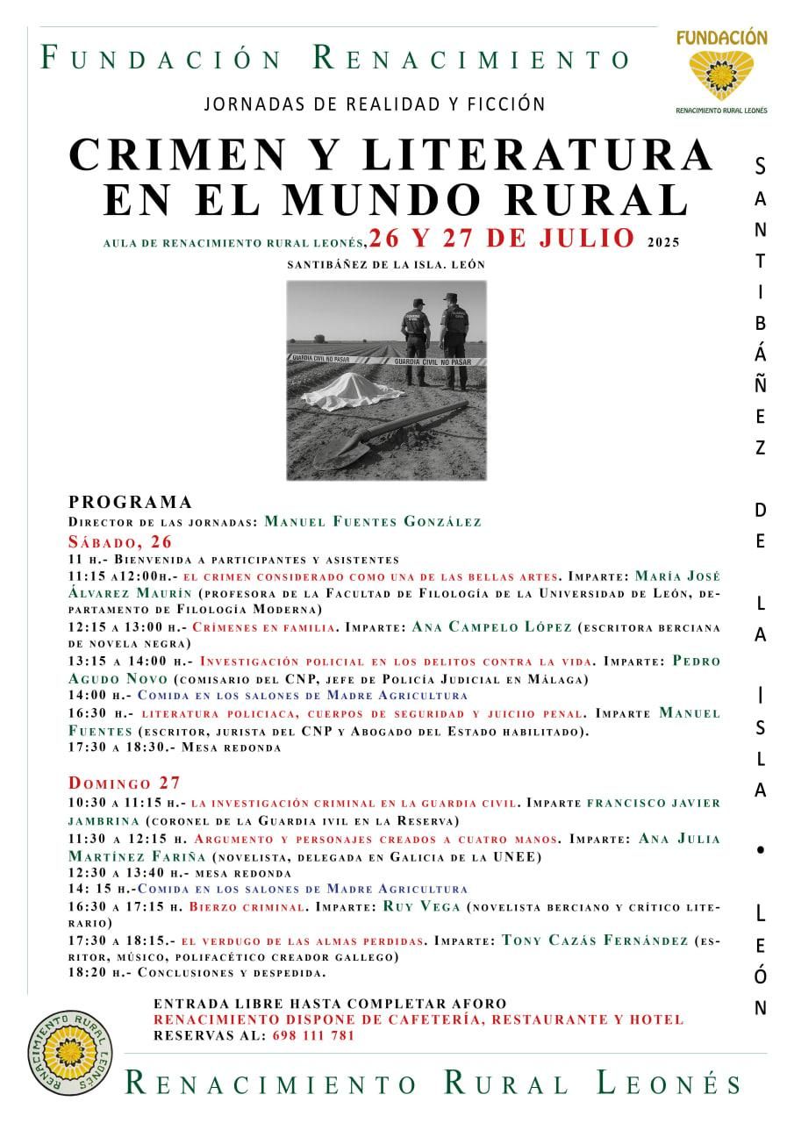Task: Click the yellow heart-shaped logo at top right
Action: click(721, 75)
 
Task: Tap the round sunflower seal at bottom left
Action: click(70, 1052)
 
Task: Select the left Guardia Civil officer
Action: click(415, 341)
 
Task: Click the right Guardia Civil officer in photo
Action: click(454, 341)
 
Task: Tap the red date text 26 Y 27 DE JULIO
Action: click(502, 239)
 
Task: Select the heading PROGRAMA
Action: click(131, 502)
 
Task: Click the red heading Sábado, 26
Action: click(121, 540)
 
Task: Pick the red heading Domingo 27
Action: click(125, 783)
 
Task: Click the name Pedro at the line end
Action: click(696, 661)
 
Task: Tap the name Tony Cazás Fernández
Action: click(595, 940)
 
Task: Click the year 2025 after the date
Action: click(663, 242)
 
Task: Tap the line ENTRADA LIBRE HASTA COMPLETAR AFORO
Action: click(330, 1004)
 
